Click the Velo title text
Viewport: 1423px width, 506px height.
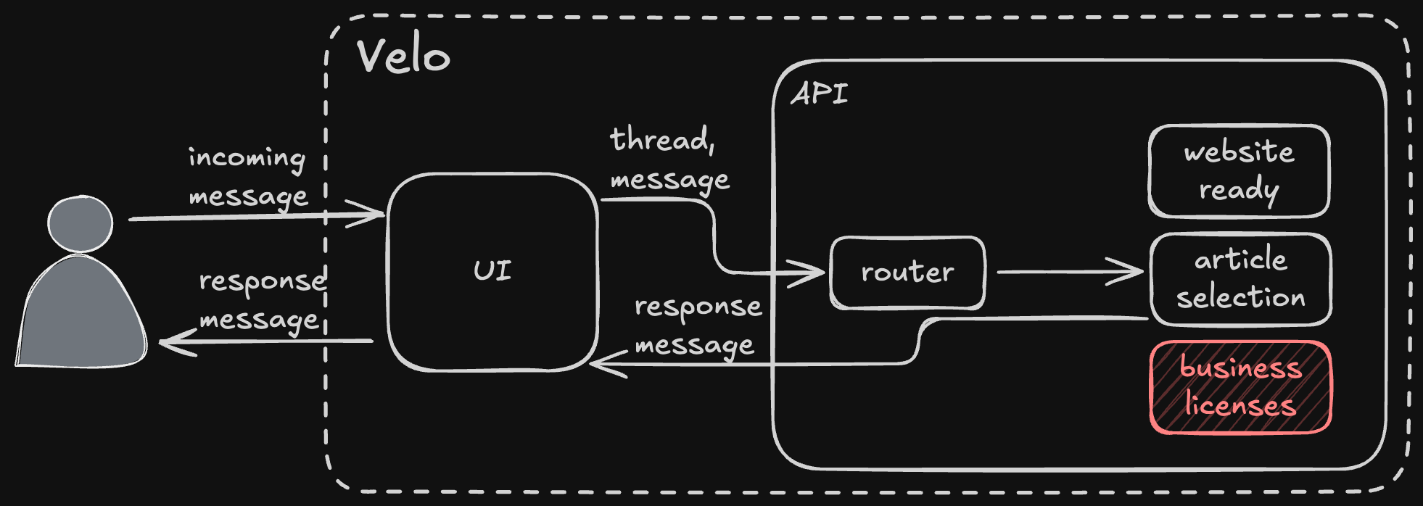point(403,55)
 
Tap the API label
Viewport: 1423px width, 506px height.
point(820,94)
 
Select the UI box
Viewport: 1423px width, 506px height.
point(493,272)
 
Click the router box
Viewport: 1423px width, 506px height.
point(907,273)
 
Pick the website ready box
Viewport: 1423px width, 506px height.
point(1239,171)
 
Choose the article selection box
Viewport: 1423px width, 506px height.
point(1240,279)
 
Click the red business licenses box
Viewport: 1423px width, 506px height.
point(1240,387)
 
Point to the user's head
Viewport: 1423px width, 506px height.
point(80,223)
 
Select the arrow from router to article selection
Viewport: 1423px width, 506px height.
point(1071,272)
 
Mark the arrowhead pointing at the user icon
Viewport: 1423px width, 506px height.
point(177,341)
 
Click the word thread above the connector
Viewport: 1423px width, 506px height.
point(662,139)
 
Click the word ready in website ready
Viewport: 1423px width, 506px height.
point(1239,191)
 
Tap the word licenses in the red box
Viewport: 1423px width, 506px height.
point(1240,405)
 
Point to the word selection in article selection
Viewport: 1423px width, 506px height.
point(1241,297)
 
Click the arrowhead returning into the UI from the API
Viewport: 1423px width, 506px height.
point(608,364)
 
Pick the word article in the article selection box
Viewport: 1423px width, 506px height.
point(1241,260)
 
